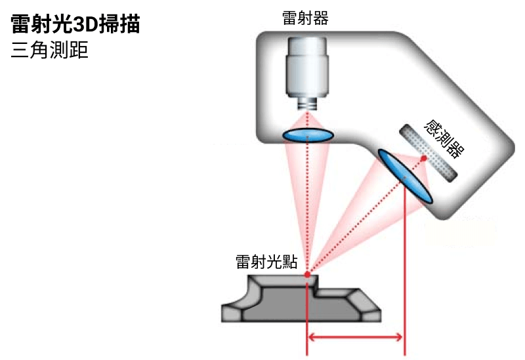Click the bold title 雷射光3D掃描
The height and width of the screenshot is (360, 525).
click(75, 26)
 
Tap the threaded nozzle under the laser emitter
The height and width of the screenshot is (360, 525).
click(307, 104)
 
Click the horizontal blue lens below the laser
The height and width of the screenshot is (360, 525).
click(308, 135)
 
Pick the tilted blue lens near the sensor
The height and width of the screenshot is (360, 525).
click(405, 176)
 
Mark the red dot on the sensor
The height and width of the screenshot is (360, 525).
click(424, 158)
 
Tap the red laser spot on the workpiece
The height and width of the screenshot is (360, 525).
click(307, 274)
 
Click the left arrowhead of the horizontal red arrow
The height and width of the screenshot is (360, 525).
click(314, 338)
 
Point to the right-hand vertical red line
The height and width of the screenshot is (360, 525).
click(406, 275)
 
